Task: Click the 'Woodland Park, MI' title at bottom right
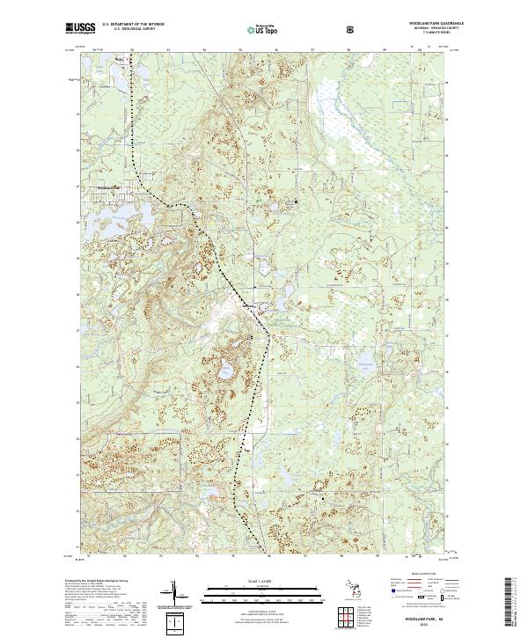click(429, 621)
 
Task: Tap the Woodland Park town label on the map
click(108, 187)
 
